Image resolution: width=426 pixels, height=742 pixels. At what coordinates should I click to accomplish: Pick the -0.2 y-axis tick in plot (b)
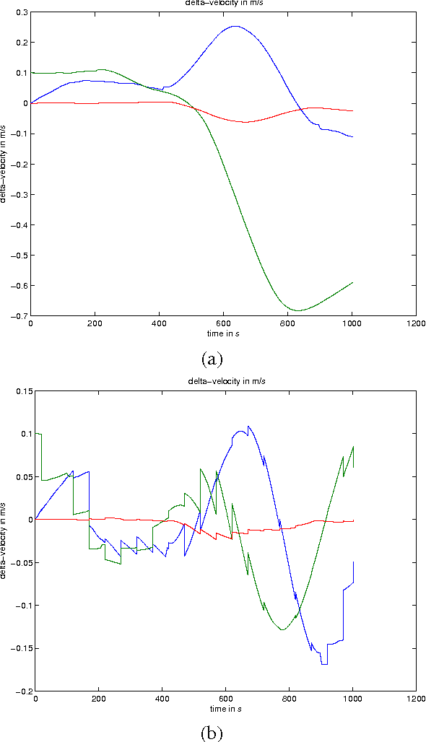22,691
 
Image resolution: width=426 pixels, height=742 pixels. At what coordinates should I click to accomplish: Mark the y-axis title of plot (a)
5,164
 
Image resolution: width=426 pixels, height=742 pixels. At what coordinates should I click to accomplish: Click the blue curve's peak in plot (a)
235,26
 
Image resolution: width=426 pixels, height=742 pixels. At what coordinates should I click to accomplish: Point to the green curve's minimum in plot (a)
298,311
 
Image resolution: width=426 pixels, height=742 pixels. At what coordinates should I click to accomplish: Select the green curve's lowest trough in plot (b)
282,630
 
